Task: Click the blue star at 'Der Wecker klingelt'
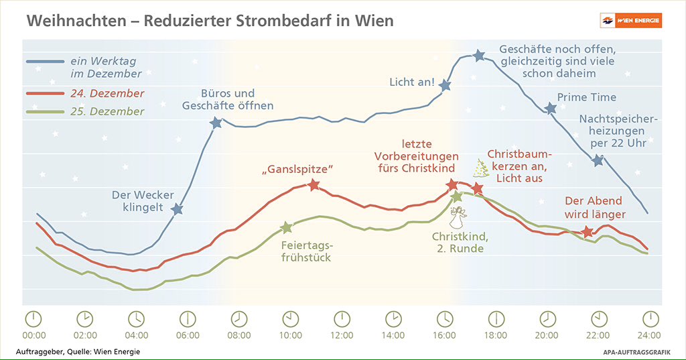[177, 209]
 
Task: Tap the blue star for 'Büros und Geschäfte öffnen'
[216, 123]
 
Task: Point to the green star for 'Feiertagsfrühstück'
[287, 228]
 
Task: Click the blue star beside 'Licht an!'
[445, 85]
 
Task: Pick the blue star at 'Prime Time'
[551, 109]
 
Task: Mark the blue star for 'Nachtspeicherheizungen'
[598, 160]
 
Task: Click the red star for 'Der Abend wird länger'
[588, 232]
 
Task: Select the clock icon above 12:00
[342, 318]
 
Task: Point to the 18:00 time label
[496, 335]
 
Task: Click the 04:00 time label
[136, 335]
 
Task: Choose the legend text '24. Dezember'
[107, 93]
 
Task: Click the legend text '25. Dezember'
[107, 111]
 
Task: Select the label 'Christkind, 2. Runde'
[458, 243]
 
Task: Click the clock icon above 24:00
[650, 318]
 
